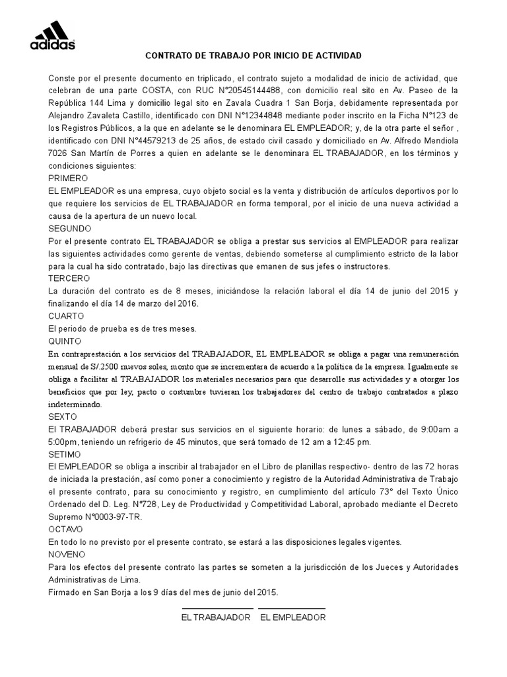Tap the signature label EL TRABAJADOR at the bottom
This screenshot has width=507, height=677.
[216, 617]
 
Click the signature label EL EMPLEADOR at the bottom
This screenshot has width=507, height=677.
[292, 617]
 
